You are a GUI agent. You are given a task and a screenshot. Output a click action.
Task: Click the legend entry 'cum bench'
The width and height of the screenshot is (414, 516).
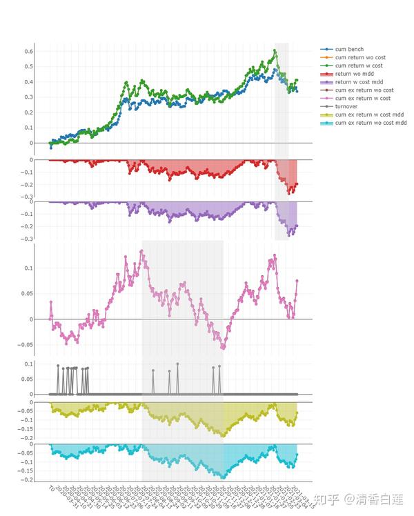349,50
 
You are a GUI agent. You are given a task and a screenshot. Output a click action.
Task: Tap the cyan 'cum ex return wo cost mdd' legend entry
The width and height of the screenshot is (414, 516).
368,123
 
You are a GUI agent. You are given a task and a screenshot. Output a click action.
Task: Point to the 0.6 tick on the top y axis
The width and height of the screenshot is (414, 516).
29,52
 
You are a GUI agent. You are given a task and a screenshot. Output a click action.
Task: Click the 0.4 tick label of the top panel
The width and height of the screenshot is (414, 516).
29,82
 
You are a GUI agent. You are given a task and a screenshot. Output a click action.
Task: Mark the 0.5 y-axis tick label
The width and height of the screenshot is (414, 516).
29,67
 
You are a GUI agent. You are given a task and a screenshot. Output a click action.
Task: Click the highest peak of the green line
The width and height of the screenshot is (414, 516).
275,50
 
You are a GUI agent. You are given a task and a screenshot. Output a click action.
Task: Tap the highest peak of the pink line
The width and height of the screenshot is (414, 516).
141,251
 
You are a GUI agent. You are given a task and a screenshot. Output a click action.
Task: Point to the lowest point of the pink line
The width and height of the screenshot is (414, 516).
222,348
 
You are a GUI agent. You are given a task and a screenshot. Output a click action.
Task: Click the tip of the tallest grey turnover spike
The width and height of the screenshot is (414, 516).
177,364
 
